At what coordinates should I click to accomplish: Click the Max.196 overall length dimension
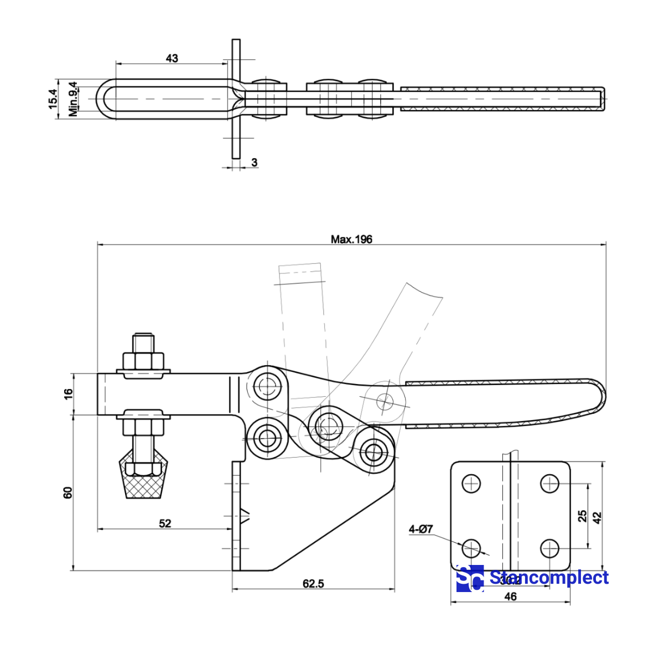tap(351, 239)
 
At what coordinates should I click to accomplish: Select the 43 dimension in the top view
tap(172, 58)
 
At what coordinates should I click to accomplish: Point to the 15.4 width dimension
tap(53, 98)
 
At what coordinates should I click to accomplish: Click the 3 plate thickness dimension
tap(254, 162)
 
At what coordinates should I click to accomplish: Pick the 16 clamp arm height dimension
tap(68, 393)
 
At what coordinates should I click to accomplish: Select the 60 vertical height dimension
tap(68, 492)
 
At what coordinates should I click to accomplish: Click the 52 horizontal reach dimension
tap(165, 523)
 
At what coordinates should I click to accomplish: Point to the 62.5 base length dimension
tap(313, 583)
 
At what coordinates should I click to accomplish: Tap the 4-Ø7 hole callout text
tap(421, 530)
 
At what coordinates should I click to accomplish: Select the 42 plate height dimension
tap(597, 517)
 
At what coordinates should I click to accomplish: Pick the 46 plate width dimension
tap(510, 596)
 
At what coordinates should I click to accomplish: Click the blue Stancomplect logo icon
tap(470, 578)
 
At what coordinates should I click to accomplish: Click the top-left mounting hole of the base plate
tap(471, 483)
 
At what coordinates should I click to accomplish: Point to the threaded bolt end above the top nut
tap(143, 341)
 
